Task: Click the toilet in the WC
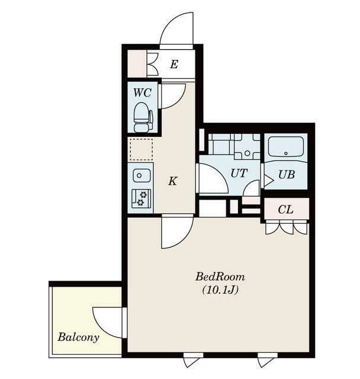pyautogui.click(x=143, y=117)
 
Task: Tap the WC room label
pyautogui.click(x=143, y=92)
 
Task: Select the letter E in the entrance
pyautogui.click(x=174, y=65)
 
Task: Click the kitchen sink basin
pyautogui.click(x=142, y=175)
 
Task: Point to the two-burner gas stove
pyautogui.click(x=142, y=198)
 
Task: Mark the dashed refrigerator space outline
pyautogui.click(x=142, y=149)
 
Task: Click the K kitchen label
pyautogui.click(x=173, y=181)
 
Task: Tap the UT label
pyautogui.click(x=239, y=173)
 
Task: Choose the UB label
pyautogui.click(x=287, y=175)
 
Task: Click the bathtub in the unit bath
pyautogui.click(x=286, y=147)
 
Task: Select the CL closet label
pyautogui.click(x=285, y=210)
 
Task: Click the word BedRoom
pyautogui.click(x=220, y=277)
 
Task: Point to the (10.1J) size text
pyautogui.click(x=220, y=290)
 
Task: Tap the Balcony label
pyautogui.click(x=79, y=337)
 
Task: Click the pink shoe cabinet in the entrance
pyautogui.click(x=137, y=63)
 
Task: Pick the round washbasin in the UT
pyautogui.click(x=247, y=153)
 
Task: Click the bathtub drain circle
pyautogui.click(x=286, y=153)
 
